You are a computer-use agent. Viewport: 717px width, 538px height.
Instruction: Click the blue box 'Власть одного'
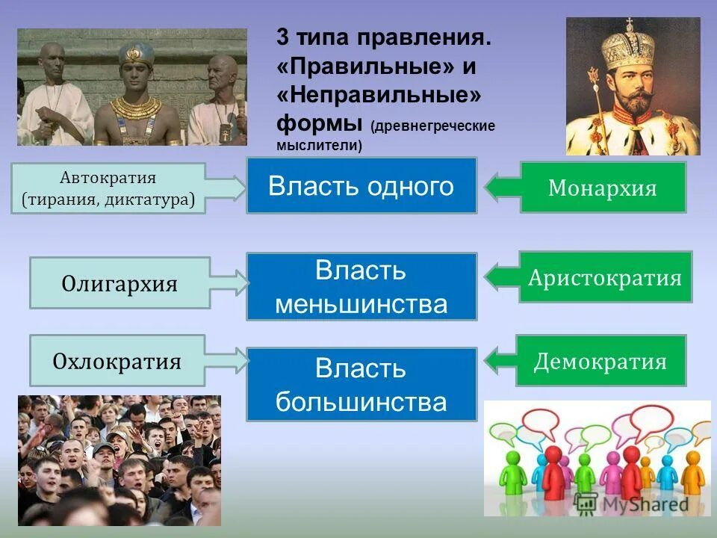coord(361,185)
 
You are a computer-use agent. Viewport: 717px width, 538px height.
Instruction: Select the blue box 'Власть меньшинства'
coord(361,287)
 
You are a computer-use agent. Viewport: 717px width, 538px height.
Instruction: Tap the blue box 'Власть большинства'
coord(361,384)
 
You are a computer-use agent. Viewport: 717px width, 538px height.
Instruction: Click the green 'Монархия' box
coord(603,188)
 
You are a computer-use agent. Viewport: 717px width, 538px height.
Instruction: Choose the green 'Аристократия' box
coord(605,277)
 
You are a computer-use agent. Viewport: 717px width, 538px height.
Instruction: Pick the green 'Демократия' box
coord(600,361)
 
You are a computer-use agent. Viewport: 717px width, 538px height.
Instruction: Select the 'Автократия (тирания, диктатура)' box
coord(108,188)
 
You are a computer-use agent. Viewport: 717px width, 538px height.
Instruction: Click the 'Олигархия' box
coord(119,283)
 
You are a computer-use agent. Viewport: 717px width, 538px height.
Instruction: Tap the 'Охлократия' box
coord(117,361)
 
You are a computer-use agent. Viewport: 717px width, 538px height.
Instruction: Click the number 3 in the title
coord(282,38)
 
